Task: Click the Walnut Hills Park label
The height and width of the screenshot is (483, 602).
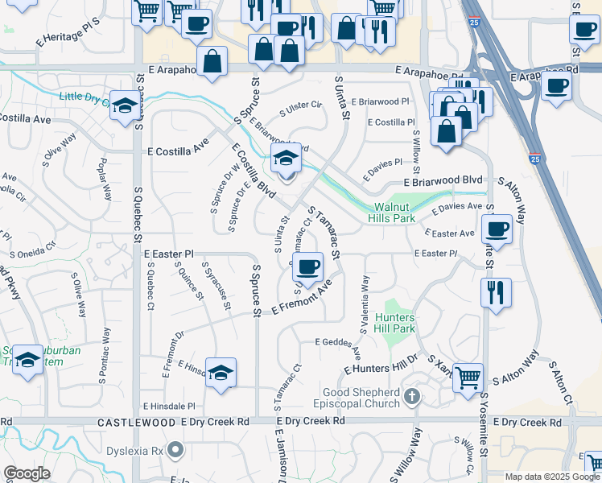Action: click(x=391, y=212)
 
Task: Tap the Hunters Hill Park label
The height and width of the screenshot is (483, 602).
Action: click(x=394, y=323)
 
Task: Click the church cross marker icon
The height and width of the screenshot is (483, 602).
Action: click(x=412, y=395)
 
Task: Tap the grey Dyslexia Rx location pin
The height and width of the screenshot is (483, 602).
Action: click(x=175, y=450)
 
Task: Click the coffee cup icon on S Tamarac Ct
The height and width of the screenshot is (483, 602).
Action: click(x=307, y=266)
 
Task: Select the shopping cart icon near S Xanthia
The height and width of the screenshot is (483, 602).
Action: click(x=467, y=376)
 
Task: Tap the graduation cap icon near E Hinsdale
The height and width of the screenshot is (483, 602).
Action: click(x=220, y=372)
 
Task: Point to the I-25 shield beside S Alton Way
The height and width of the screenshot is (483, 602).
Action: click(x=534, y=159)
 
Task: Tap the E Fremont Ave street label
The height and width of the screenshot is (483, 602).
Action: click(x=302, y=298)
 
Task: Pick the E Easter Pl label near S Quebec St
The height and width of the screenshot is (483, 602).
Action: click(x=169, y=254)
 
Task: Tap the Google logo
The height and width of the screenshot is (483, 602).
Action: click(x=27, y=473)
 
